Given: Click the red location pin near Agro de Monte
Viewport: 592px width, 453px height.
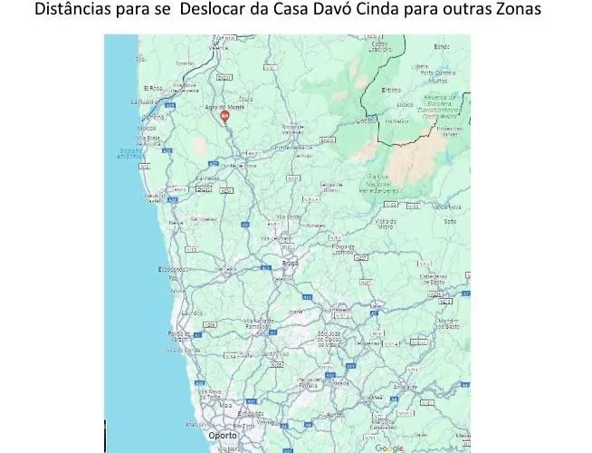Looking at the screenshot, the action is [225, 115].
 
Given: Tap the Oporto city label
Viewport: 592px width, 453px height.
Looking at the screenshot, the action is [223, 436].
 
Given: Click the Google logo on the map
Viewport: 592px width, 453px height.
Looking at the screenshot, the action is [389, 448].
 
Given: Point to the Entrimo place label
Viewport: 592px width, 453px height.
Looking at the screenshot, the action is [391, 90].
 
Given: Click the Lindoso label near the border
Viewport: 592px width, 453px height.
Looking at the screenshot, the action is [368, 120].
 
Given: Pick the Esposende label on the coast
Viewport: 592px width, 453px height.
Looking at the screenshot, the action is [172, 269].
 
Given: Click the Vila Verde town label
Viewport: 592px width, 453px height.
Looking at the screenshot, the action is [287, 217].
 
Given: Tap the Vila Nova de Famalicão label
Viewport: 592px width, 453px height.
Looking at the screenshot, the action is [258, 323].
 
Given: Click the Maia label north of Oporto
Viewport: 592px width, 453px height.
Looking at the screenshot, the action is [224, 404].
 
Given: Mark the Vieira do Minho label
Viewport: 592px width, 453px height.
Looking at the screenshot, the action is [387, 223].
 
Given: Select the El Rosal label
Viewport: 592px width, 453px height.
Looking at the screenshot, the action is [153, 88].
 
